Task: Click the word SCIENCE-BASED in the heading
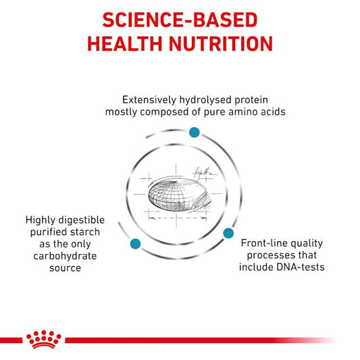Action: (180, 20)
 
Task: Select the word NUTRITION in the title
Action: (221, 44)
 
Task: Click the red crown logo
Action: (44, 339)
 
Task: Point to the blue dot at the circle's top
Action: (195, 132)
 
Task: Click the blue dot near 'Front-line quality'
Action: (228, 233)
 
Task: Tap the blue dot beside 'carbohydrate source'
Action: (135, 244)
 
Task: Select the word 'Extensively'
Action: (149, 100)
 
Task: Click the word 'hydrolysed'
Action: (205, 101)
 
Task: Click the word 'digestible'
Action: (82, 220)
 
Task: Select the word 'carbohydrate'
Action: (65, 256)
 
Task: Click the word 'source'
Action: (65, 268)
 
